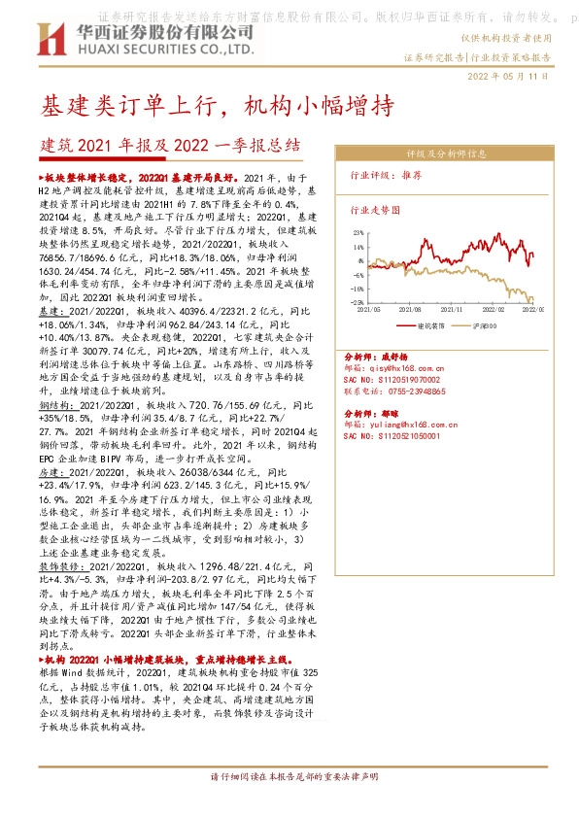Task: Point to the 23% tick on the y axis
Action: [358, 233]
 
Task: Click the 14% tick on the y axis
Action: [358, 247]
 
